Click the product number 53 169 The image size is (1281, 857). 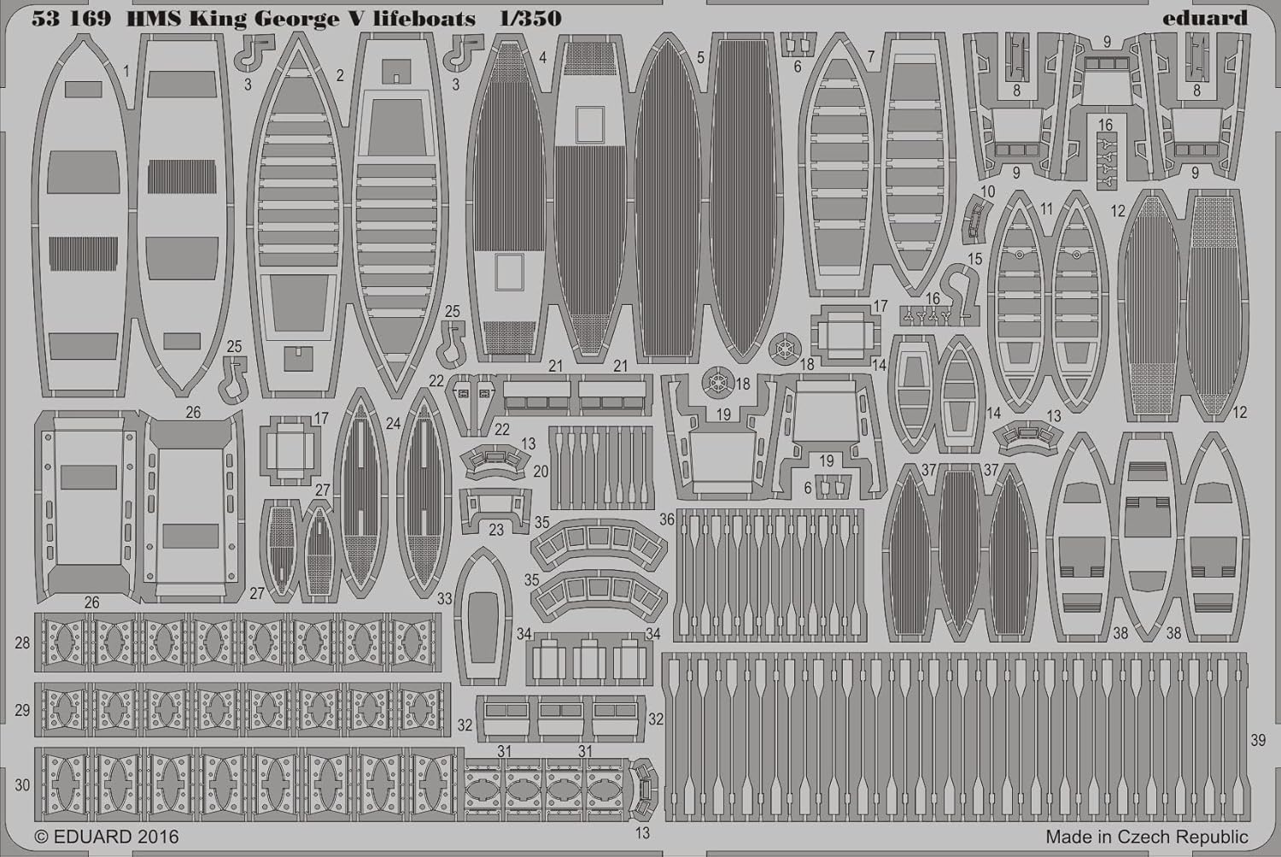[x=73, y=19]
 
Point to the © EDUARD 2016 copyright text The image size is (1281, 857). [x=107, y=836]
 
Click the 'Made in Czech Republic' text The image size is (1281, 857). [x=1147, y=836]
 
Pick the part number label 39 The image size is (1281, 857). [x=1258, y=740]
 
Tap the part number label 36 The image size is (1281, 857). [x=667, y=519]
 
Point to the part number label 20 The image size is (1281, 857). [x=541, y=472]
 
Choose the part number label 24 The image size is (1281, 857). [x=393, y=423]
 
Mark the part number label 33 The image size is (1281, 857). [x=444, y=599]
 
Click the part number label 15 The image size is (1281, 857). [x=974, y=259]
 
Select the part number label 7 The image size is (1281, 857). [x=871, y=57]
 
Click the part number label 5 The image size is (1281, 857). [x=700, y=58]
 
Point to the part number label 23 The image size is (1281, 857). [x=496, y=530]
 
